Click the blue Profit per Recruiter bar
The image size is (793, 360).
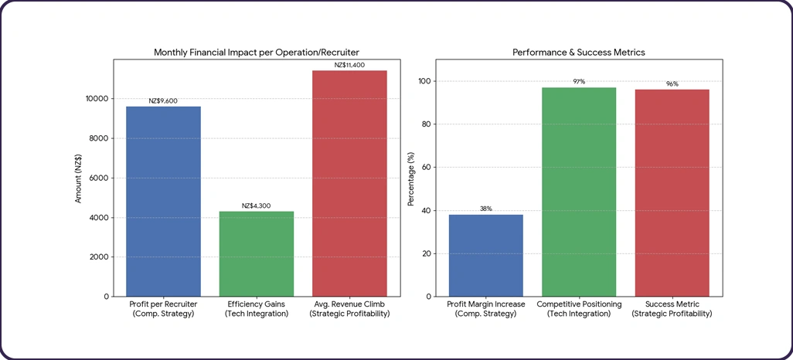(163, 201)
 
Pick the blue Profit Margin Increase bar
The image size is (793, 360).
(485, 255)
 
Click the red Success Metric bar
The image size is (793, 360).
(672, 193)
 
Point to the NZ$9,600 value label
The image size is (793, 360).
(163, 100)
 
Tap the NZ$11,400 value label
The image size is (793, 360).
(349, 65)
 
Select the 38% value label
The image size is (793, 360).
(485, 209)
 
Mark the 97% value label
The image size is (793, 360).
(579, 81)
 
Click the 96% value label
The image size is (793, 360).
(672, 83)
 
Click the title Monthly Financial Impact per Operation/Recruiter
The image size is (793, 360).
(256, 53)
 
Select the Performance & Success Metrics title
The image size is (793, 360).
(579, 53)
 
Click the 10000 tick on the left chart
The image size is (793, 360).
(96, 99)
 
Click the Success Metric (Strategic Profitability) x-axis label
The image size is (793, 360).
(672, 309)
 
